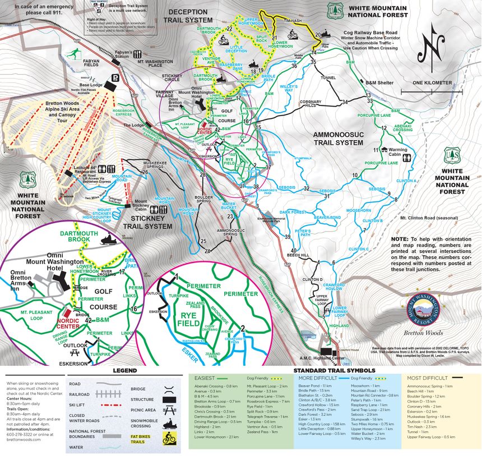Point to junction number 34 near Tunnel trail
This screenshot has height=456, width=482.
pos(345,102)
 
